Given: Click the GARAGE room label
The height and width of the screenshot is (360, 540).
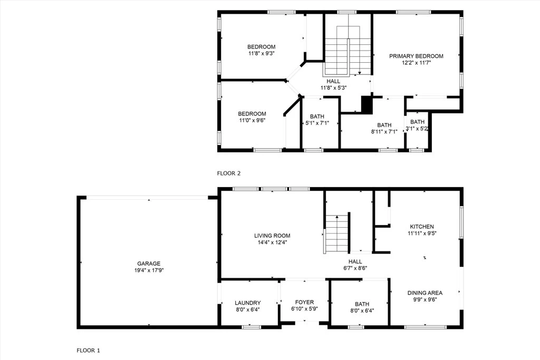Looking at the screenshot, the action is pos(149,264).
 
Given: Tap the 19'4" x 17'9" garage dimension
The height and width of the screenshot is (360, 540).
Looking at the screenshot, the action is pos(149,270).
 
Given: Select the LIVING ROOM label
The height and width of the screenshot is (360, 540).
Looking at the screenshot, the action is pos(272,236).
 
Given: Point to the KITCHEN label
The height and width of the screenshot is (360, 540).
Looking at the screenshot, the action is pos(422,227).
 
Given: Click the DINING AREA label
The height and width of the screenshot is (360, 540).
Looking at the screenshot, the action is pos(425,293).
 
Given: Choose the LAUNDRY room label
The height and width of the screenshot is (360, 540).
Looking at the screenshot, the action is pos(248,303).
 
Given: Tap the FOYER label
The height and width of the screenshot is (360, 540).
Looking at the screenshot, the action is pos(304,302).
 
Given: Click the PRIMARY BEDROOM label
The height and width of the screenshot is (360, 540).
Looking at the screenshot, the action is pos(416,56).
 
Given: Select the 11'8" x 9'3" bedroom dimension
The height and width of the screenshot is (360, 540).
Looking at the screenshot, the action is pos(262,54).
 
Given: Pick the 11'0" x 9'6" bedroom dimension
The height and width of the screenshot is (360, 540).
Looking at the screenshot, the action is pos(252,121).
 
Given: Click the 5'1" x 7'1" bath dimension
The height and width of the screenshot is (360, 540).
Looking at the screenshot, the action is pos(317,123).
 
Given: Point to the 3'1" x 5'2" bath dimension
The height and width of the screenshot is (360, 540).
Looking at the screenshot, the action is pos(417,129).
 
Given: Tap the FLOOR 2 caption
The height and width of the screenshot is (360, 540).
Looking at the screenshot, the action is pos(229,173).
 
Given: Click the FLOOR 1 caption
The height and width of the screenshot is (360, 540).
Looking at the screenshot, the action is pos(88,351).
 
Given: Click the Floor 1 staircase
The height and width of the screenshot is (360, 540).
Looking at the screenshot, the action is pos(337,233).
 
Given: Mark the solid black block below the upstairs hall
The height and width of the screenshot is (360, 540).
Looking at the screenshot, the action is pos(367,105).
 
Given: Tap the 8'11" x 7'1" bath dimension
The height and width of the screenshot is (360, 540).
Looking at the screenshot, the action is pos(384,132).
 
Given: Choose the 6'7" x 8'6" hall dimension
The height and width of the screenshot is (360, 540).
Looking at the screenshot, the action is pos(355,268).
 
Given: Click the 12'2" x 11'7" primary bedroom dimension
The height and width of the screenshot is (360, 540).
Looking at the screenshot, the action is pos(417,63).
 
